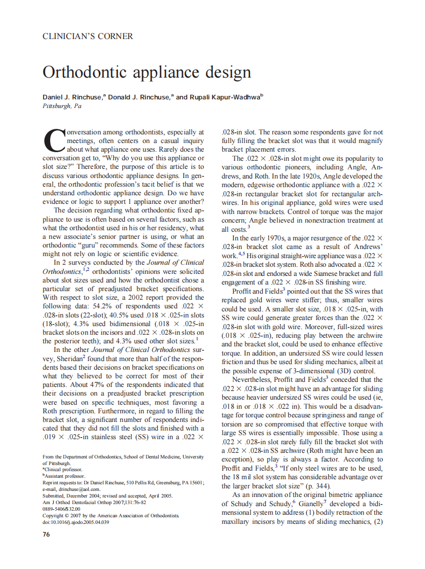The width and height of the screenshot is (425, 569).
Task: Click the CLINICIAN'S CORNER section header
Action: point(88,37)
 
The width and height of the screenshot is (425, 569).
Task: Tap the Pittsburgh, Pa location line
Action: point(62,106)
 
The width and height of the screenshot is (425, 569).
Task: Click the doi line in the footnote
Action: point(76,522)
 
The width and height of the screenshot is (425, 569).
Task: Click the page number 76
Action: point(46,534)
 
